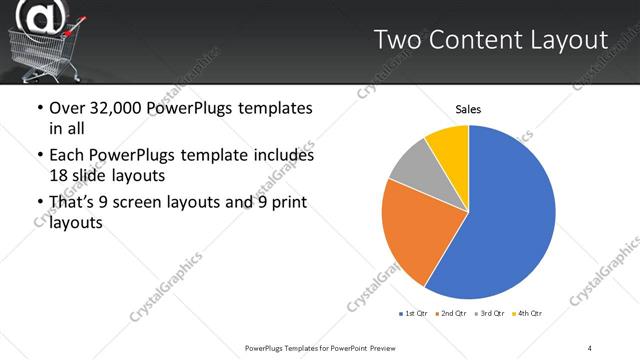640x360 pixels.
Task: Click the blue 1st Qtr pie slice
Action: coord(505,220)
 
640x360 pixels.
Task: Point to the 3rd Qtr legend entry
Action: coord(490,314)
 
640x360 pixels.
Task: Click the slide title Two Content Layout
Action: coord(490,40)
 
